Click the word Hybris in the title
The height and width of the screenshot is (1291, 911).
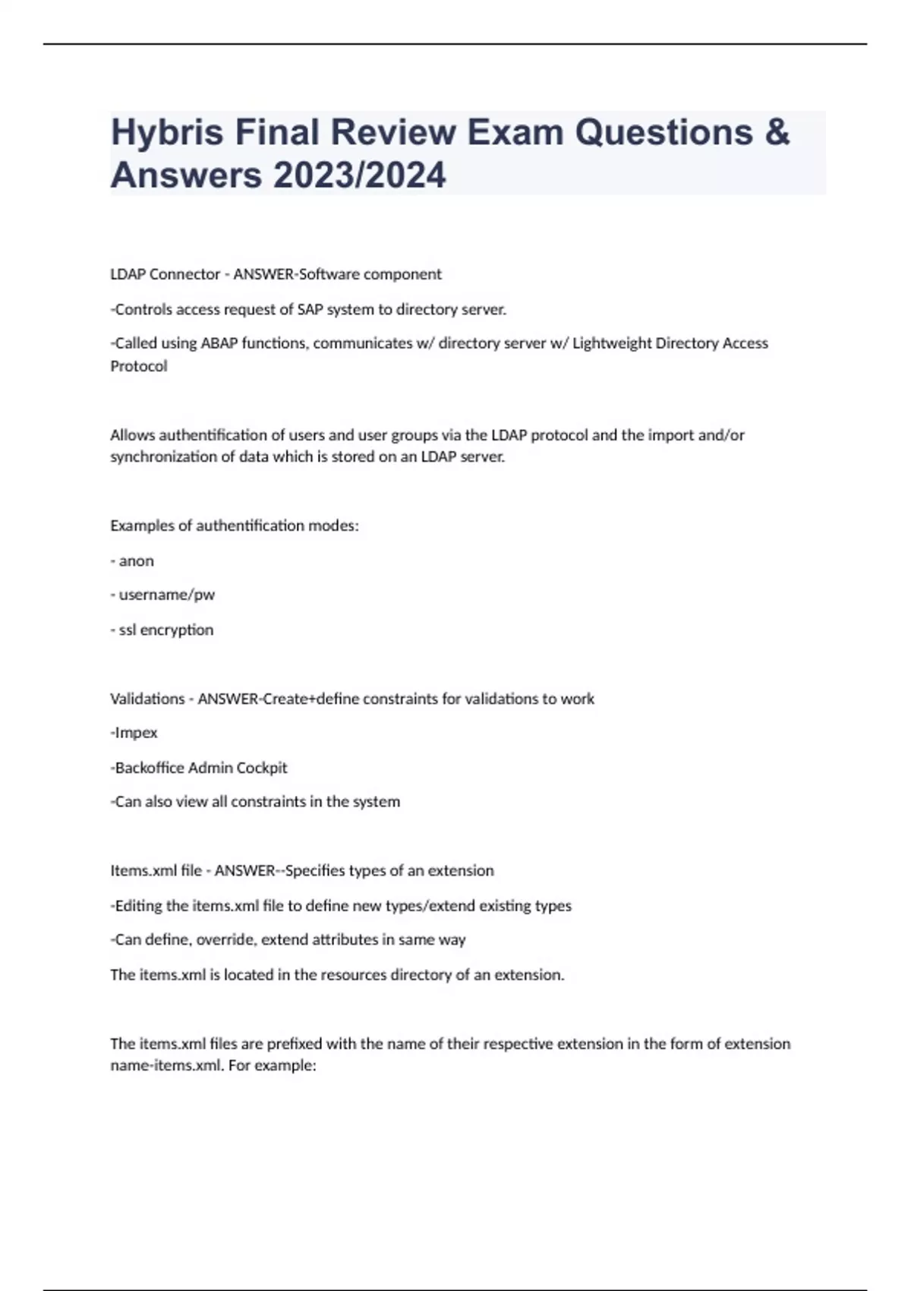point(167,133)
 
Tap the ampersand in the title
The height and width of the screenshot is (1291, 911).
point(777,132)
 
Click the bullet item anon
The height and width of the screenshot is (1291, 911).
point(136,560)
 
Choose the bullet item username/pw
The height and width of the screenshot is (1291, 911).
point(167,595)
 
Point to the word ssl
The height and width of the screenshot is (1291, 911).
point(128,630)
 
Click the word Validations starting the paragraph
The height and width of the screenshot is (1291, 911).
point(147,699)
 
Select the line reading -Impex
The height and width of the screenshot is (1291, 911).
point(134,733)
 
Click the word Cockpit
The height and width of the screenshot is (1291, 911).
point(262,768)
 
